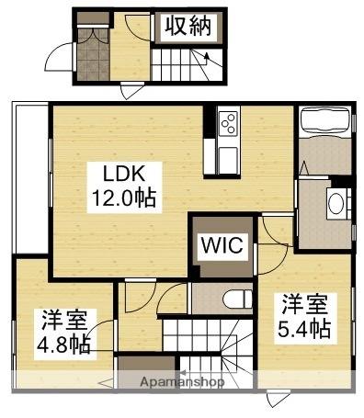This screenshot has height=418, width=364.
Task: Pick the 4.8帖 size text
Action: [x=63, y=345]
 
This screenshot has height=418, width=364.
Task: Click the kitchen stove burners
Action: [x=229, y=120]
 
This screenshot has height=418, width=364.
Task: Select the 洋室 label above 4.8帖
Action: [x=63, y=322]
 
